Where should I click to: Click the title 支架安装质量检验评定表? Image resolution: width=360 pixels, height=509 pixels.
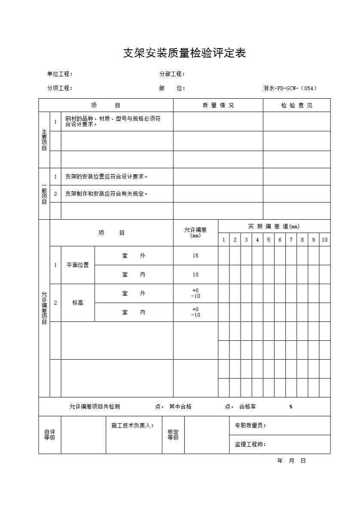[x=184, y=53]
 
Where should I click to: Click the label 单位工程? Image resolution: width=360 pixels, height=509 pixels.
[x=60, y=74]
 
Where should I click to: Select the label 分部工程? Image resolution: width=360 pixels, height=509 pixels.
[x=172, y=74]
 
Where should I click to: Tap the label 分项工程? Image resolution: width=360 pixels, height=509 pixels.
[x=60, y=88]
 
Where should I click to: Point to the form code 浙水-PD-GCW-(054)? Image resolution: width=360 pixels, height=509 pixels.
[x=290, y=88]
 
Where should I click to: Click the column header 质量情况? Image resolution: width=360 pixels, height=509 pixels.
[x=218, y=106]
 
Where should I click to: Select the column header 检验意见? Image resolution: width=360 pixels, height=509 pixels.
[x=297, y=106]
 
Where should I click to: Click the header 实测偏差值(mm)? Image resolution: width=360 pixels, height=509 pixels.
[x=274, y=226]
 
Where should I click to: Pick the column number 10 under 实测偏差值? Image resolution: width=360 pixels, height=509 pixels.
[x=324, y=240]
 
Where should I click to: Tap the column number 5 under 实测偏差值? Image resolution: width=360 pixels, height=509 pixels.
[x=268, y=240]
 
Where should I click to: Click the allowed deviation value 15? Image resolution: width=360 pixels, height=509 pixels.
[x=195, y=256]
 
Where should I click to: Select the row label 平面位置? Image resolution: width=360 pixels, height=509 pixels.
[x=78, y=265]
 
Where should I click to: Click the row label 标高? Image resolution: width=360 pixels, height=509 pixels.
[x=78, y=303]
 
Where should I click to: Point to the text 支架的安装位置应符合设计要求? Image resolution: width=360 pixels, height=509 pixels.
[x=107, y=177]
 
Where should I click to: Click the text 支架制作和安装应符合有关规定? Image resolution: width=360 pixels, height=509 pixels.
[x=107, y=194]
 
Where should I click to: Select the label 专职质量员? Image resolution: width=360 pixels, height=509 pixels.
[x=250, y=425]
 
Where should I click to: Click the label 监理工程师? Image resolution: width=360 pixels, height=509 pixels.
[x=250, y=445]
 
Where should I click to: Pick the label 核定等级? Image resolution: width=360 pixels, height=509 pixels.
[x=173, y=435]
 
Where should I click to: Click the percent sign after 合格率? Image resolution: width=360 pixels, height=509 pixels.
[x=291, y=407]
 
